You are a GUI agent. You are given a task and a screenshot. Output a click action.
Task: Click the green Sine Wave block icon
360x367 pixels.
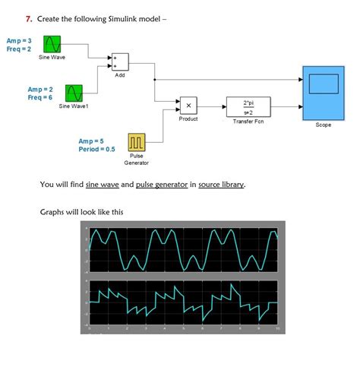coord(52,44)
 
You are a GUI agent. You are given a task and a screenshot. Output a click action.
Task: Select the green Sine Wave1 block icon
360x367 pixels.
coord(74,93)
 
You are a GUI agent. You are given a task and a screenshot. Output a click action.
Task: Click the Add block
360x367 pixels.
coord(120,62)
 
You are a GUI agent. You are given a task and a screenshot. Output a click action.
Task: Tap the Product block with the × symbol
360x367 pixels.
coord(188,106)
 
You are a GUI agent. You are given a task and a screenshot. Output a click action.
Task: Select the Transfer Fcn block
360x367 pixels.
coord(248,106)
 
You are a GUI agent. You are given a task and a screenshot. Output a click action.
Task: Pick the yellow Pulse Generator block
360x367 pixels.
coord(137,142)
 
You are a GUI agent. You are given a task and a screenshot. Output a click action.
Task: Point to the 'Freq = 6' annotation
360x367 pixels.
coord(40,97)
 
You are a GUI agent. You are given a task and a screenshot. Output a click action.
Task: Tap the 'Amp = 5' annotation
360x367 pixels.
coord(91,141)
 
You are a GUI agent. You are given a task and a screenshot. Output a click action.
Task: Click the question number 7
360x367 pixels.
coord(28,17)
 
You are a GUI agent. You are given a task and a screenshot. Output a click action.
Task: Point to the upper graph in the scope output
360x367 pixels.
coord(182,248)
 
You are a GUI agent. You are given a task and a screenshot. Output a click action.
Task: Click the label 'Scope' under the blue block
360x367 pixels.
coord(323,125)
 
